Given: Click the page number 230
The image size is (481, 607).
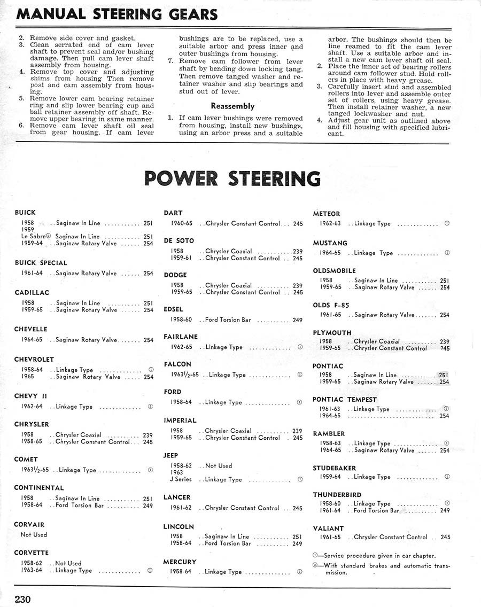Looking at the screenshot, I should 23,598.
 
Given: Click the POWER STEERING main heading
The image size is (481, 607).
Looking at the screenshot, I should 232,178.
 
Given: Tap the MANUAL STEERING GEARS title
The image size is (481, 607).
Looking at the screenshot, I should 117,14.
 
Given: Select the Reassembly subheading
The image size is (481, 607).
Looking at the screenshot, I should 232,106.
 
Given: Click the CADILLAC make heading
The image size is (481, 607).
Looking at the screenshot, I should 32,293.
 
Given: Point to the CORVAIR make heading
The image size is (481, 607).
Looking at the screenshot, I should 29,525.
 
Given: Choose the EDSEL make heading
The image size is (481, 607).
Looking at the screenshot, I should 173,309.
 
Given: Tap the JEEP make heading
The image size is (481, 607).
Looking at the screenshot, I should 170,456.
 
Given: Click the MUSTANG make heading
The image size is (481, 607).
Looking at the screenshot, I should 330,243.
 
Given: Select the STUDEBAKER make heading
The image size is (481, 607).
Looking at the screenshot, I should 334,468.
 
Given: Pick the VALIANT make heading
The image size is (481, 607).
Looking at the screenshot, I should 328,528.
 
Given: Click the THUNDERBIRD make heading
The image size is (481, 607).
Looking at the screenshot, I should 337,495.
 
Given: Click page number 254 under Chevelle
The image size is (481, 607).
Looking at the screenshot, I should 148,340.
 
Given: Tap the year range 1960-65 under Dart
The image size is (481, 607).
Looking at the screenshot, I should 182,223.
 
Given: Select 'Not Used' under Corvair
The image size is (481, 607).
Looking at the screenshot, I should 34,534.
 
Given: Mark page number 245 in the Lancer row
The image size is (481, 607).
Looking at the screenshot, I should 297,508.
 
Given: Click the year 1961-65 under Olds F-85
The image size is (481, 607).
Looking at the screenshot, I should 330,315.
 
